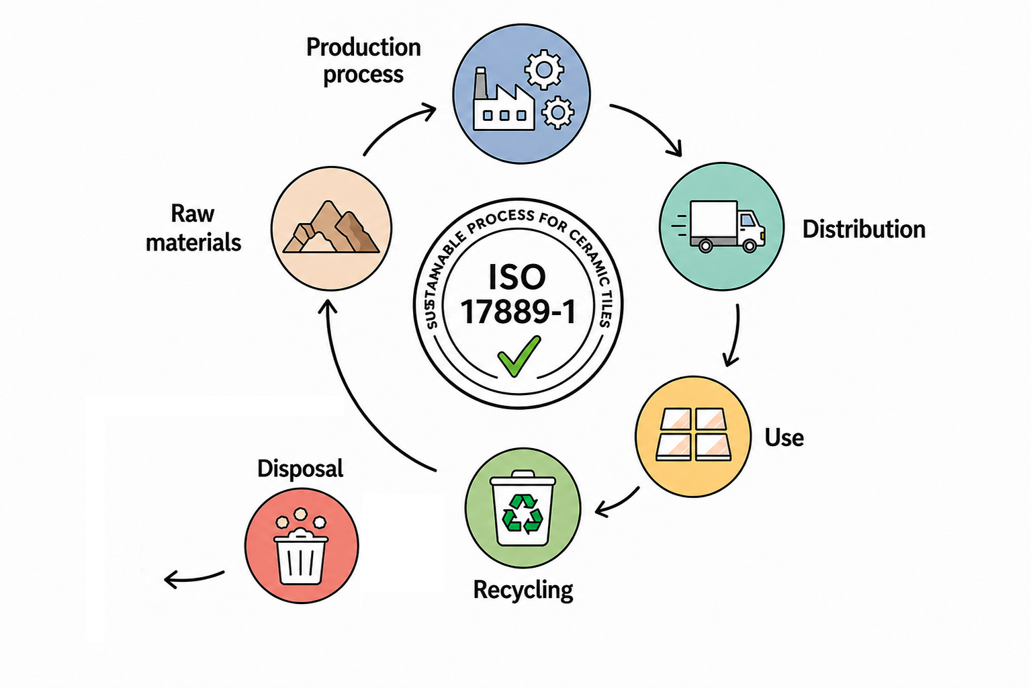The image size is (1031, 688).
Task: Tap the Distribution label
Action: [864, 229]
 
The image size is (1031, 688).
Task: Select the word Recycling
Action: [523, 590]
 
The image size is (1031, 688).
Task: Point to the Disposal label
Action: [300, 469]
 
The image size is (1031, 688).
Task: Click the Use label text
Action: [785, 437]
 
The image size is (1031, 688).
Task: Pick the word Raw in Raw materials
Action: [192, 214]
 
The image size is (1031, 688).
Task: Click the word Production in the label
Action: [363, 48]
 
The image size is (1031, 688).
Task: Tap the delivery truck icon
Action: [719, 226]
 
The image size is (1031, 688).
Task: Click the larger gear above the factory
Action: [544, 69]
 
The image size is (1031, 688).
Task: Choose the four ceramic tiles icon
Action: [693, 434]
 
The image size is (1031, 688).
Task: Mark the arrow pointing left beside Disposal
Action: [193, 578]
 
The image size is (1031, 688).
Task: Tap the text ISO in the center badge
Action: [517, 277]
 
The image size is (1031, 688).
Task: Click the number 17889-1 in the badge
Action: [519, 312]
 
